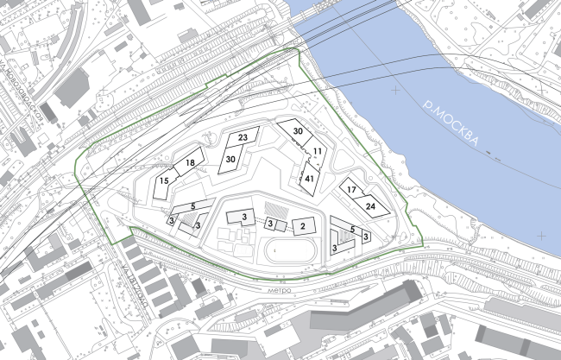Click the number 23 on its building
pyautogui.click(x=243, y=138)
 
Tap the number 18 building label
pyautogui.click(x=190, y=163)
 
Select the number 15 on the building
pyautogui.click(x=163, y=181)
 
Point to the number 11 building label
pyautogui.click(x=318, y=152)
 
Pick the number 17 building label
pyautogui.click(x=351, y=189)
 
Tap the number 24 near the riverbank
pyautogui.click(x=370, y=206)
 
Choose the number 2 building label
pyautogui.click(x=302, y=226)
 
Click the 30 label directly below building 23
pyautogui.click(x=230, y=159)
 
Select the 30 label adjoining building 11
pyautogui.click(x=298, y=131)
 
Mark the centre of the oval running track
pyautogui.click(x=288, y=254)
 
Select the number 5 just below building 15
pyautogui.click(x=193, y=205)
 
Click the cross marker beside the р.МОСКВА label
pyautogui.click(x=396, y=90)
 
